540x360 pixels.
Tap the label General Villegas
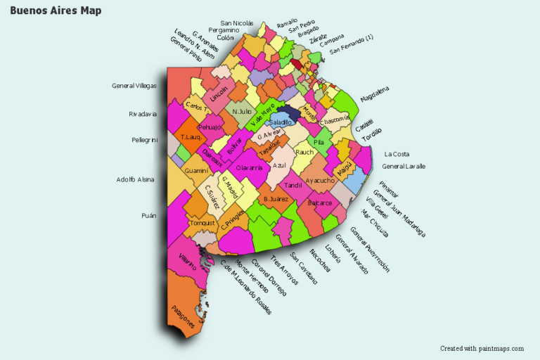point(134,86)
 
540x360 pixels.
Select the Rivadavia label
point(143,114)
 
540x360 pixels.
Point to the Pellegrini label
point(144,140)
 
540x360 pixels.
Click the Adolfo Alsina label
point(136,179)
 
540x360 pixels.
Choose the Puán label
point(148,216)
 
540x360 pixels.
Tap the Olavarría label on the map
point(250,168)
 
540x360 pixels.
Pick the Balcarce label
point(319,203)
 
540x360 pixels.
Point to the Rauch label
point(304,152)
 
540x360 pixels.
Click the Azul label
point(279,165)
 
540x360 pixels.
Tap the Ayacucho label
point(321,181)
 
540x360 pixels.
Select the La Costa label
point(397,154)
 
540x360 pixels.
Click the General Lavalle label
point(404,166)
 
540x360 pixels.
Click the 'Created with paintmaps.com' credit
point(482,348)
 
